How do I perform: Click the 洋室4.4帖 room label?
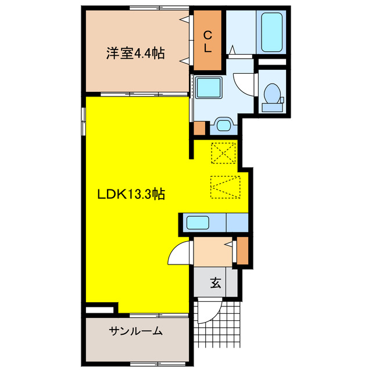(x=135, y=54)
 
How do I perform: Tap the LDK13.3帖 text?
(x=130, y=195)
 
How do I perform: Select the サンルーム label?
(x=135, y=332)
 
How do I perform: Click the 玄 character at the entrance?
(x=216, y=283)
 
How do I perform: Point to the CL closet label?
(x=208, y=40)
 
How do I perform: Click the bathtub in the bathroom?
(x=272, y=32)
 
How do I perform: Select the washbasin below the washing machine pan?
(x=223, y=124)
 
